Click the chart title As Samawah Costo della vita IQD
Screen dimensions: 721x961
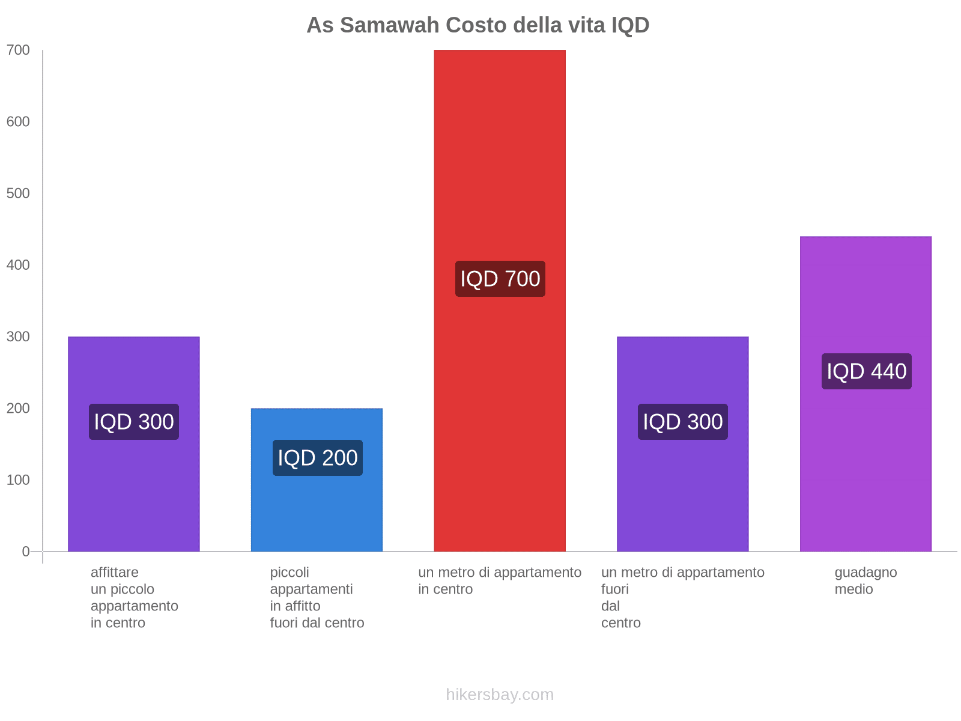(x=477, y=25)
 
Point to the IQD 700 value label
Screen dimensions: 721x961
(x=500, y=279)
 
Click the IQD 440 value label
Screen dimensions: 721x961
(x=866, y=371)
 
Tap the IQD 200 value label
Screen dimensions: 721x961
(x=317, y=458)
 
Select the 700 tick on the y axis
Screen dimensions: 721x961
(x=18, y=50)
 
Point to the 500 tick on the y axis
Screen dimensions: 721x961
(x=18, y=193)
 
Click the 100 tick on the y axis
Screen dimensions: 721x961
(x=18, y=480)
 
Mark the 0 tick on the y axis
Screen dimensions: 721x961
(x=26, y=552)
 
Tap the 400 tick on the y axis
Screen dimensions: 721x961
(x=18, y=265)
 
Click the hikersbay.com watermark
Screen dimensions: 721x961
(x=500, y=695)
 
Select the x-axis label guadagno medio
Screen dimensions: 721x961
(x=866, y=581)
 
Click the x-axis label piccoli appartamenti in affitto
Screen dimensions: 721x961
(x=317, y=598)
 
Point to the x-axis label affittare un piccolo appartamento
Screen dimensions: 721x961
(x=134, y=598)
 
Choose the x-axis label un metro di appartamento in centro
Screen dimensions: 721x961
(x=500, y=581)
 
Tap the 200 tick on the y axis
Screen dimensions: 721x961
(x=18, y=409)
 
